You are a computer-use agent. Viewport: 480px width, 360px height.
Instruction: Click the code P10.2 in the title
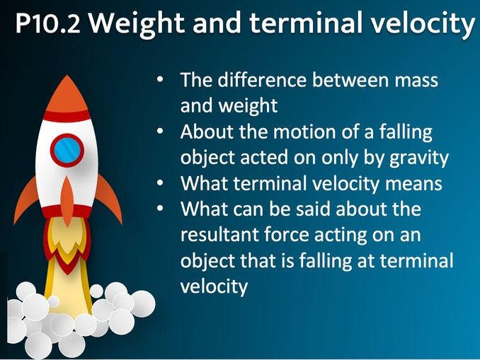tap(47, 26)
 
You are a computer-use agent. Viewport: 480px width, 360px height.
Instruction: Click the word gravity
tap(419, 158)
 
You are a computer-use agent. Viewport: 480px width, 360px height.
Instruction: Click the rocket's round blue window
tap(67, 150)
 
